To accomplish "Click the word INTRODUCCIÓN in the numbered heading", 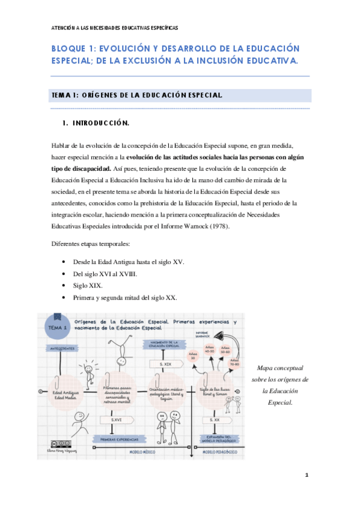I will coord(100,123).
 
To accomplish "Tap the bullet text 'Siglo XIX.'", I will coord(88,286).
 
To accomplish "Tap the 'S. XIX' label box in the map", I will coord(165,364).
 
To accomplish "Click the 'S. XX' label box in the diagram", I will coord(215,420).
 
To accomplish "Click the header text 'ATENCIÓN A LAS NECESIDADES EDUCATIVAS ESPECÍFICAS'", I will coord(114,28).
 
